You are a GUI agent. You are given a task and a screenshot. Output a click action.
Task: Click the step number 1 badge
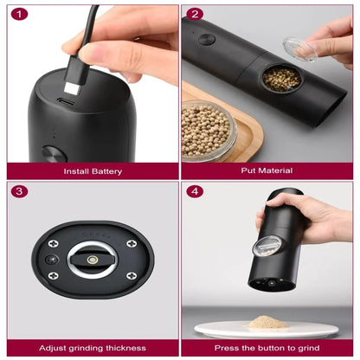tap(21, 14)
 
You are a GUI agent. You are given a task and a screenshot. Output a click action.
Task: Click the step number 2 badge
tap(195, 14)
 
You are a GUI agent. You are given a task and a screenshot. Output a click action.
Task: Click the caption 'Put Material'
tap(268, 170)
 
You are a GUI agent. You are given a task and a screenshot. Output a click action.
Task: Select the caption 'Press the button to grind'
tap(268, 348)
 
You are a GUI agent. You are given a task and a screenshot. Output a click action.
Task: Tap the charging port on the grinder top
tap(66, 101)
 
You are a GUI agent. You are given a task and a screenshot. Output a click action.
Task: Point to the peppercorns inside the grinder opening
tap(281, 78)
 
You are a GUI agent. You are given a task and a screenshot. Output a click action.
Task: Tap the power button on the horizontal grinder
tap(206, 39)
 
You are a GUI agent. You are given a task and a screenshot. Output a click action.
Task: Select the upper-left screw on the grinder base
tap(54, 244)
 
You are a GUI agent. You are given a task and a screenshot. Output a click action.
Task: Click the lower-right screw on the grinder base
tap(131, 275)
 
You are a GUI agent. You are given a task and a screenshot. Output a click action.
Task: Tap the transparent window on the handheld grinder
tap(264, 246)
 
